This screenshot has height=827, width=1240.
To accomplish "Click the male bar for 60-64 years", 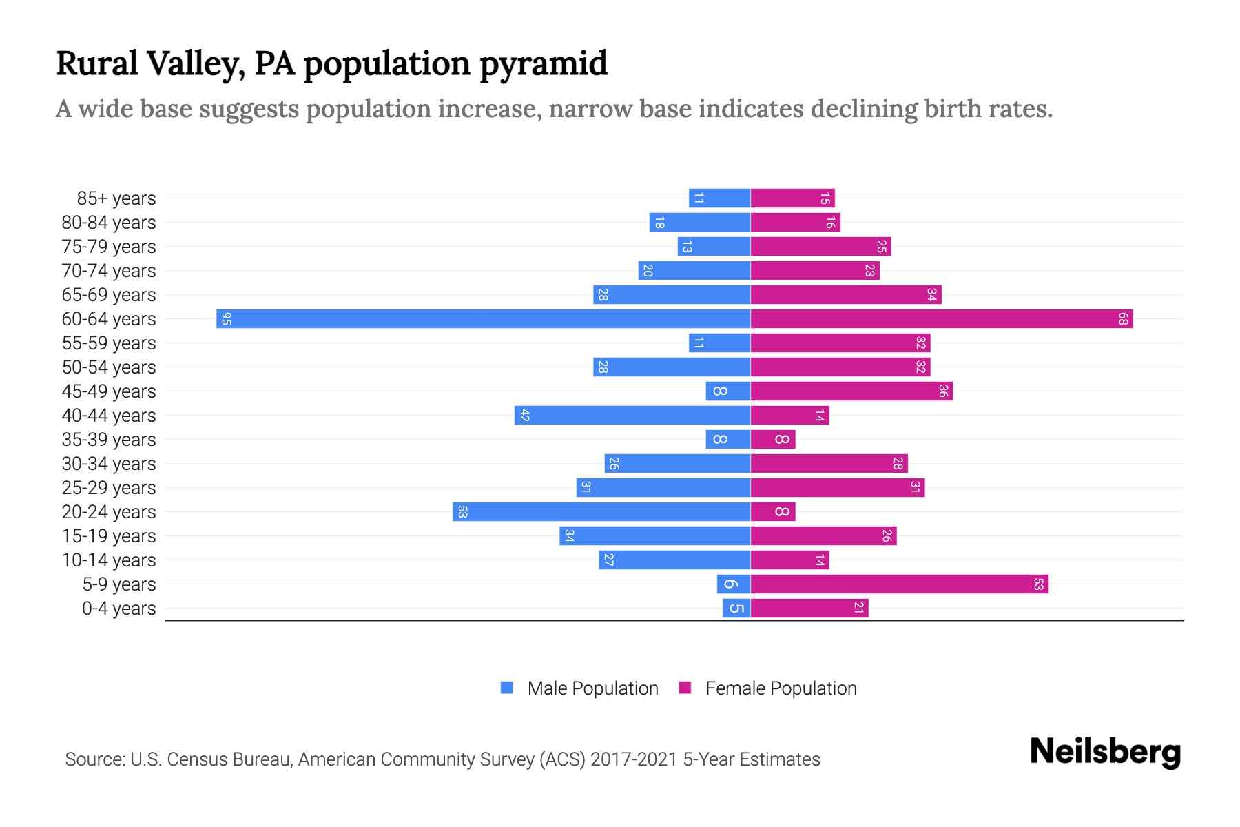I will click(482, 319).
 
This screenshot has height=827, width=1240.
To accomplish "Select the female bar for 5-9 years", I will click(899, 584).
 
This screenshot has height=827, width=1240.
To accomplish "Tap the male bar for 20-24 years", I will click(601, 512).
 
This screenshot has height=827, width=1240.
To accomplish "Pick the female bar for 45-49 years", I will click(851, 391).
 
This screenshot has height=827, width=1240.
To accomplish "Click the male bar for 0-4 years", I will click(736, 609).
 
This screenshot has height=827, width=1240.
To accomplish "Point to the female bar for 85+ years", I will click(792, 198).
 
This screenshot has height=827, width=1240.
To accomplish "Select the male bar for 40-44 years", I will click(632, 416).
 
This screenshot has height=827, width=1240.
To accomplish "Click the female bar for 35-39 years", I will click(772, 440).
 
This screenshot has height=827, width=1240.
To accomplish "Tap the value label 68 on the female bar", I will click(1123, 319).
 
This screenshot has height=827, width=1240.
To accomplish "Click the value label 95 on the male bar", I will click(227, 319).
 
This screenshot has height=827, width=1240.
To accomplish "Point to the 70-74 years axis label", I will click(109, 271).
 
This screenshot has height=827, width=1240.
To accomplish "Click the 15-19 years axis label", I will click(109, 536).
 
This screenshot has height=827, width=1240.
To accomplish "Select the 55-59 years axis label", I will click(109, 343).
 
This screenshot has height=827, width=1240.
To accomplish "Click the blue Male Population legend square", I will click(507, 688).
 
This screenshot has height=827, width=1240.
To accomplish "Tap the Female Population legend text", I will click(781, 688).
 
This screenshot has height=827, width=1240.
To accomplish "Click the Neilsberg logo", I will click(1105, 751).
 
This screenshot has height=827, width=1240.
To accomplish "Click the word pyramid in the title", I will click(544, 63).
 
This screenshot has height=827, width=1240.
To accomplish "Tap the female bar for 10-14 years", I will click(789, 560).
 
